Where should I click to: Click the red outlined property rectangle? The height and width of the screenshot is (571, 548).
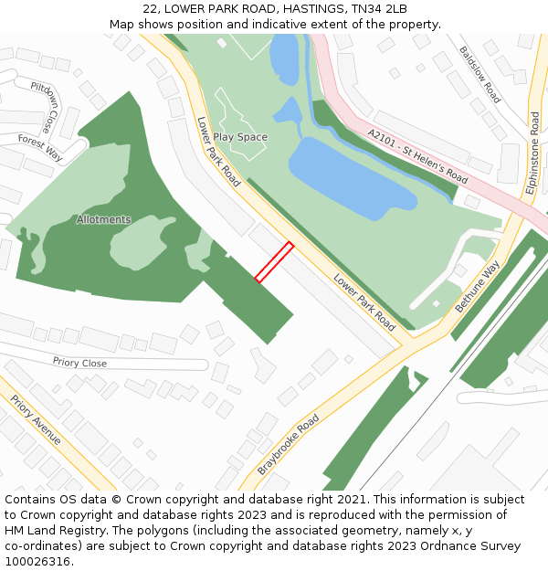(x=274, y=262)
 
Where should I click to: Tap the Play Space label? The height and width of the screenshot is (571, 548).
(x=241, y=137)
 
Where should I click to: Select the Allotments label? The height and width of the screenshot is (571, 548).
(x=103, y=219)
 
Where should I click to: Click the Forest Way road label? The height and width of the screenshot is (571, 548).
(x=40, y=147)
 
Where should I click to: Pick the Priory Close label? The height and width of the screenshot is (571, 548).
(x=79, y=363)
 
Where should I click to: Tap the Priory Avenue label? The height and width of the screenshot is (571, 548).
(x=37, y=420)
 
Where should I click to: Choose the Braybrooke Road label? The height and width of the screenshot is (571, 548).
(x=289, y=443)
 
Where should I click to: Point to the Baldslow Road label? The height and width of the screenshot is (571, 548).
(x=480, y=75)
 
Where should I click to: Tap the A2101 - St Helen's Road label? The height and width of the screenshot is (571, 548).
(x=418, y=155)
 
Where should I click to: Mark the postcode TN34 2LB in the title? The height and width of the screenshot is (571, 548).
(x=376, y=9)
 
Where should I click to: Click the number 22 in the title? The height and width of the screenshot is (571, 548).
(x=151, y=9)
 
